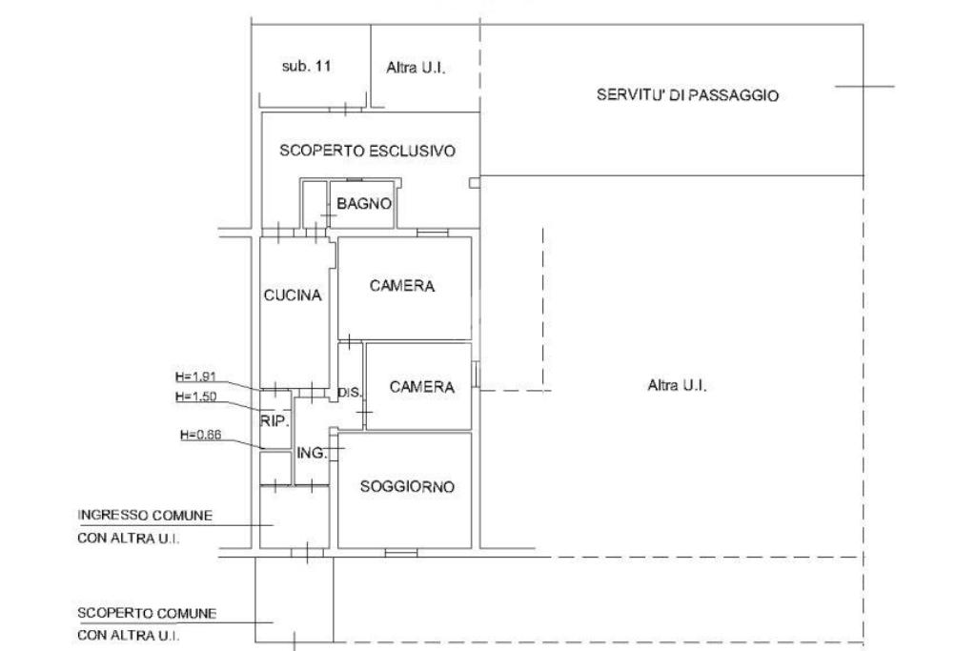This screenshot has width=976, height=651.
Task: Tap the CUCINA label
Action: (x=293, y=295)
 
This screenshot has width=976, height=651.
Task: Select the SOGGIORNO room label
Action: (x=407, y=486)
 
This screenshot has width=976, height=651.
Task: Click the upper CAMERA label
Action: (x=402, y=286)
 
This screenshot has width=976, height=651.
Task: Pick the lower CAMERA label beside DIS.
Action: (x=422, y=387)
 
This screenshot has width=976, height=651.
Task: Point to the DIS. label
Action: (x=350, y=392)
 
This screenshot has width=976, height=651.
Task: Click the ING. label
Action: (x=312, y=453)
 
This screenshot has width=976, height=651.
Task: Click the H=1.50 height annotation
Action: (x=198, y=396)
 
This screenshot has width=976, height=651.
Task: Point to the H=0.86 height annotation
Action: (x=200, y=435)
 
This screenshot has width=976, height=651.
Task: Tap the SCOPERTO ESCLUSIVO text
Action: (x=367, y=151)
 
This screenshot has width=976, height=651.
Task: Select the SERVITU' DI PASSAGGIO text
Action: (x=688, y=95)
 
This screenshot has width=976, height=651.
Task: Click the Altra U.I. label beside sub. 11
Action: (x=417, y=69)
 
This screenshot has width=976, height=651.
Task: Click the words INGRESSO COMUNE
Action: (x=145, y=515)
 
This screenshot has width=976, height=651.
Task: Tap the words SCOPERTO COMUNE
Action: (x=147, y=613)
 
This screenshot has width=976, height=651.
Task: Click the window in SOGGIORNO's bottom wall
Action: (x=401, y=552)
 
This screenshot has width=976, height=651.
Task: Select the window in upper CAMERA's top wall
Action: (x=433, y=232)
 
